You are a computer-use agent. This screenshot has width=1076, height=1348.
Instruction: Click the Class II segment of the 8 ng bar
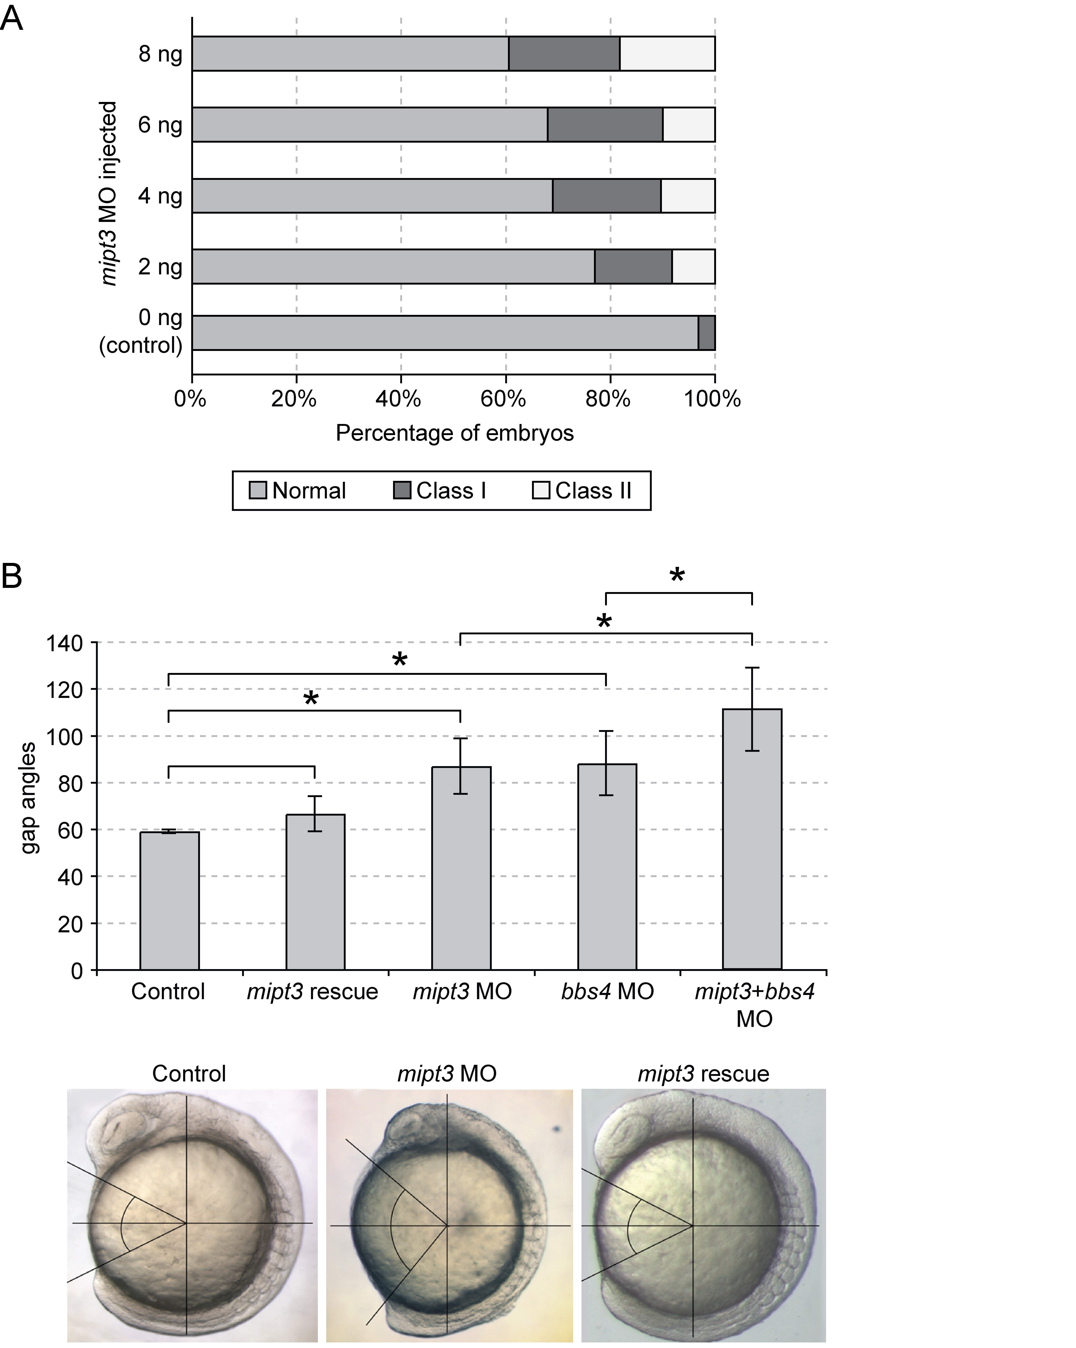pyautogui.click(x=667, y=54)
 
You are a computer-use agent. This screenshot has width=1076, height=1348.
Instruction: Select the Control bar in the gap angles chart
pyautogui.click(x=169, y=900)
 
